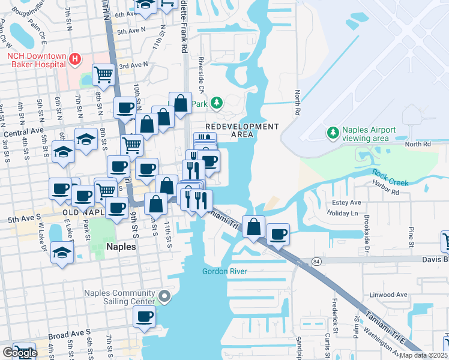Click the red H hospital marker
75,59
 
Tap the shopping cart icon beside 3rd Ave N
104,74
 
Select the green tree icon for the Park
215,103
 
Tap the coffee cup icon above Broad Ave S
144,316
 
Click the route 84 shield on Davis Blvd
318,262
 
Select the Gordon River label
224,271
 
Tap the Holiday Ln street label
343,213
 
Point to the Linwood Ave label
390,295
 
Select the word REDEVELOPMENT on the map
242,127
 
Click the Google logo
19,353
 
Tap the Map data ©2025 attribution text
423,355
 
